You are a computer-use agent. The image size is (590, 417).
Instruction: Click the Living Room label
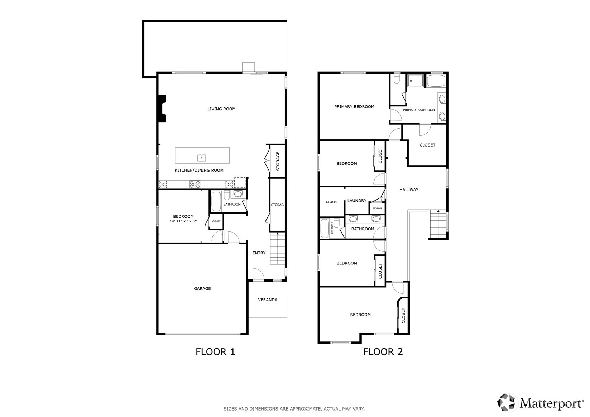(221, 109)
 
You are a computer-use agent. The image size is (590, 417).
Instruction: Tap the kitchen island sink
(201, 158)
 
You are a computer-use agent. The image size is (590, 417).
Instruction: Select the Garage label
(202, 288)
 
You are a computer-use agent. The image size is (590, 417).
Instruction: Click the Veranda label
(268, 299)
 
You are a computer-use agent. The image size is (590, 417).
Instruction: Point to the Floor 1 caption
(215, 352)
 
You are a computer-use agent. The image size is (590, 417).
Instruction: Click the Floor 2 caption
(383, 352)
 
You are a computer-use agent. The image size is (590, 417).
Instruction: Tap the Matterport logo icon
(506, 403)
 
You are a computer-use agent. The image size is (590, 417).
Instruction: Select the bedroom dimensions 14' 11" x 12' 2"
(183, 221)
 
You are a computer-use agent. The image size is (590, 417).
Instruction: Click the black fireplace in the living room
(162, 108)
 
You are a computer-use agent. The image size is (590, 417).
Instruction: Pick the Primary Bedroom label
(354, 107)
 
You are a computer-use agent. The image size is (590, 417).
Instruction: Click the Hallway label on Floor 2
(409, 190)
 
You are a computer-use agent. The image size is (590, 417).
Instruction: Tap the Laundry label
(357, 201)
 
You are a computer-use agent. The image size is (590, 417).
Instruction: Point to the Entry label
(259, 253)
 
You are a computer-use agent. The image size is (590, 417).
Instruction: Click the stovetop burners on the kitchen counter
(195, 184)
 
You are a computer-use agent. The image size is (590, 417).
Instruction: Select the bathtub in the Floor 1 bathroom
(216, 201)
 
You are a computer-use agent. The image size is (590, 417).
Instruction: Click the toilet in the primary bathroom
(397, 78)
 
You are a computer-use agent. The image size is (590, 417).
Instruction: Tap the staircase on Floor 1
(277, 248)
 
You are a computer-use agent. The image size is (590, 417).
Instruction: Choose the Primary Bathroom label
(419, 110)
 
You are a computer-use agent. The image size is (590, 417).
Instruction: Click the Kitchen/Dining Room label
(199, 170)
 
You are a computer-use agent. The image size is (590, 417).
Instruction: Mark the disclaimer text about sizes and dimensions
(294, 409)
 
